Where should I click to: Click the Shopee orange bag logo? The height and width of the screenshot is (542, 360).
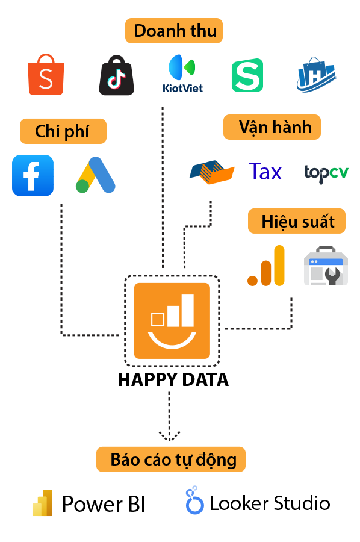(46, 75)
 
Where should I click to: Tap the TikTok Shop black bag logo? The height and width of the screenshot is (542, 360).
(116, 75)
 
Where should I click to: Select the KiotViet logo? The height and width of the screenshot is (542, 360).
(182, 73)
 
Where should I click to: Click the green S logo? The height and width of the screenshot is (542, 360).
(247, 75)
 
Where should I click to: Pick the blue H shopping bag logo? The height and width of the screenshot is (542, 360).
(316, 75)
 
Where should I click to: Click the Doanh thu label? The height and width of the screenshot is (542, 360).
(174, 31)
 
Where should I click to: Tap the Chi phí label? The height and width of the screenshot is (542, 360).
(63, 131)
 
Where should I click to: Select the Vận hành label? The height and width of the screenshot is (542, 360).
(272, 127)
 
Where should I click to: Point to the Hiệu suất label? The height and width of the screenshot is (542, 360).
(297, 221)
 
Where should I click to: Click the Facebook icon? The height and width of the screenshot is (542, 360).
(33, 176)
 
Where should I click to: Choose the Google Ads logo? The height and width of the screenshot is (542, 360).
(96, 175)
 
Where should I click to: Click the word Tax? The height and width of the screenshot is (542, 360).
(265, 172)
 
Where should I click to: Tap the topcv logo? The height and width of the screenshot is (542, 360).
(326, 173)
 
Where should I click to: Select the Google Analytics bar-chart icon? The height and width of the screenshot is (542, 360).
(266, 266)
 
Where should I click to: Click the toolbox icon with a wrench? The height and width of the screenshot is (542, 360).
(326, 266)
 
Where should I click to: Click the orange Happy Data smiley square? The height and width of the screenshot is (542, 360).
(172, 321)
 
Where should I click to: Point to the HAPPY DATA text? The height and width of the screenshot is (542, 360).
(173, 379)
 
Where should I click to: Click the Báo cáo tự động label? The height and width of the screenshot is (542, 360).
(171, 459)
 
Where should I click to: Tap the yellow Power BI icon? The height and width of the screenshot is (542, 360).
(42, 503)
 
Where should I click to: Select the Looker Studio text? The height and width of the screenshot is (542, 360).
(270, 503)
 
